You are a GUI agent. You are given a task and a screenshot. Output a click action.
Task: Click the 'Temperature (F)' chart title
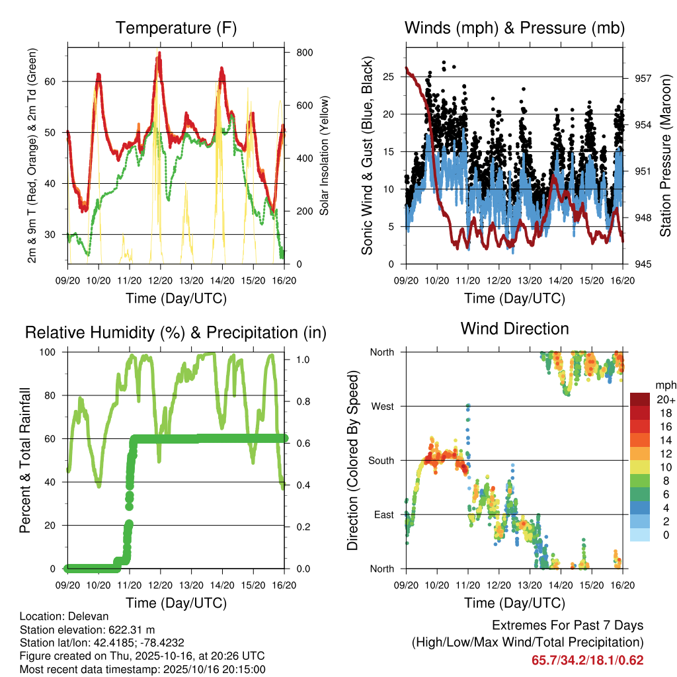176,28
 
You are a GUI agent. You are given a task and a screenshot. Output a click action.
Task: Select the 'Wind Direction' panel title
514,329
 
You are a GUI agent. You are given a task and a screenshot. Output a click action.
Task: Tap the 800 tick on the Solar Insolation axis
304,52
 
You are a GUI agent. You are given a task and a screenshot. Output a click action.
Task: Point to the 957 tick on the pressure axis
643,78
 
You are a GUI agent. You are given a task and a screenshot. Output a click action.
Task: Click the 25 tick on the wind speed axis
389,77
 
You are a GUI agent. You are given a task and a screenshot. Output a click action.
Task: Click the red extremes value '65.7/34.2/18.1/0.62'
587,660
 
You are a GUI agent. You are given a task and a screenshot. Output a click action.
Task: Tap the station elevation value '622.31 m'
132,629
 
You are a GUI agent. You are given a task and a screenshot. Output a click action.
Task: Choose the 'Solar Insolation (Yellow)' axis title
325,155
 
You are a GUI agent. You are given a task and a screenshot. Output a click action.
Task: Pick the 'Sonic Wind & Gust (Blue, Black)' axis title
367,156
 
